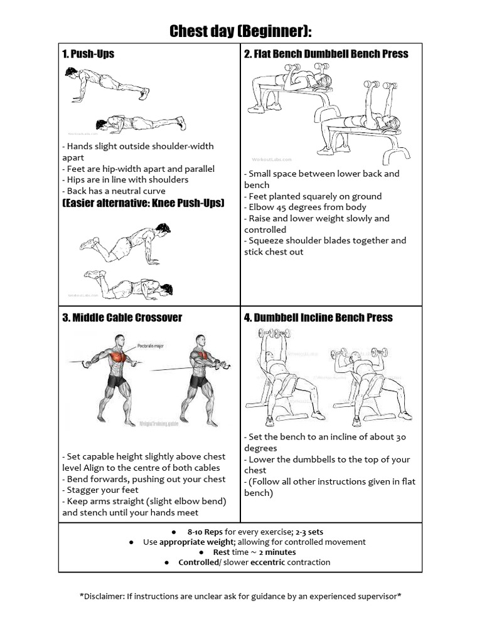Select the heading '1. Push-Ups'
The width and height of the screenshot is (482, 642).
point(88,54)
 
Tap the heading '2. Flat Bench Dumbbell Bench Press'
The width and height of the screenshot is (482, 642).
point(326,54)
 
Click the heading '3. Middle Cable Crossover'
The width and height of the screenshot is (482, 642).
point(122,317)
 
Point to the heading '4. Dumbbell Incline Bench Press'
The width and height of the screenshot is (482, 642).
point(318,317)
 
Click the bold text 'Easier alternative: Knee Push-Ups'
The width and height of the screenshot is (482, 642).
point(143,203)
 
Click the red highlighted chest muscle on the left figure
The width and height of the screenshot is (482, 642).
point(117,358)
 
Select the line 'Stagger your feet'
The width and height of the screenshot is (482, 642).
point(100,490)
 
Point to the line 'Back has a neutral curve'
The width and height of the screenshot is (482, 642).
point(114,191)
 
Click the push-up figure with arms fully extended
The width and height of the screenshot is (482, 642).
point(107,83)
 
